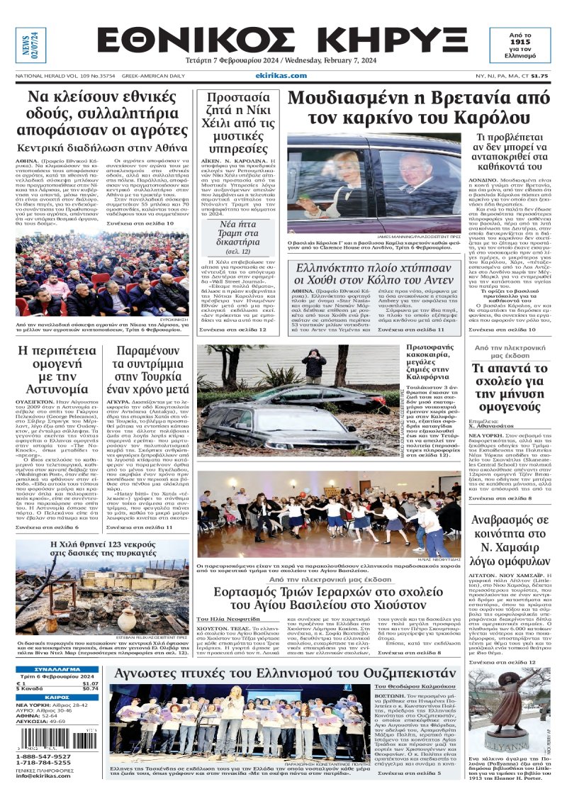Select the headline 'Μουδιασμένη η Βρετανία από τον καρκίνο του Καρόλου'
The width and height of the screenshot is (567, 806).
pyautogui.click(x=418, y=107)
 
